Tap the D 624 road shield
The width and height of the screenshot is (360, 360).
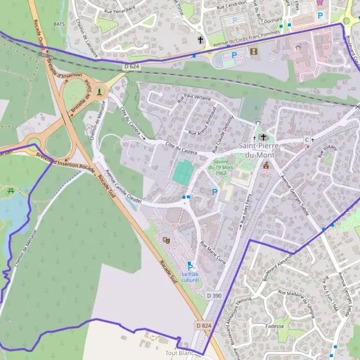point(131,66)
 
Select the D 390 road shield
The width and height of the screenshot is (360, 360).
point(214,296)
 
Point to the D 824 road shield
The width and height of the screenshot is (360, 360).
point(203,325)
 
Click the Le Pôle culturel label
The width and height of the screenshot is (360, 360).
point(190,277)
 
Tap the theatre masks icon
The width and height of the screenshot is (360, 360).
point(166,239)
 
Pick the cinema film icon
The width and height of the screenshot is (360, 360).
point(253,52)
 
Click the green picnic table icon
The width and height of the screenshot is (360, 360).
point(10,191)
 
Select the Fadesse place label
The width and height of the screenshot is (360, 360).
point(274,326)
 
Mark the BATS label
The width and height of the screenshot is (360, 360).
point(59,23)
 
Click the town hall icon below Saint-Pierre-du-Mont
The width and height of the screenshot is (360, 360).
point(266,166)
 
